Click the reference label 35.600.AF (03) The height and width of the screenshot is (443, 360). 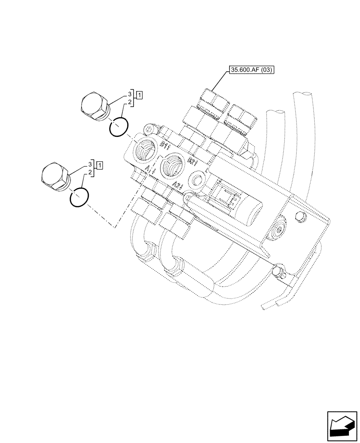[251, 70]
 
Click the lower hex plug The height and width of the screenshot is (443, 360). [55, 176]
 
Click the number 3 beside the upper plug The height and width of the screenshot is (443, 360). [130, 94]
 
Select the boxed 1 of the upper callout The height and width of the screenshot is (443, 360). [139, 94]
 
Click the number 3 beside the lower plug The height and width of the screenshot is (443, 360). [90, 164]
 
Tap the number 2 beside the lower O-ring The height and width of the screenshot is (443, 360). [90, 172]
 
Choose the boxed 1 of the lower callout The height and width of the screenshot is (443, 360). [100, 165]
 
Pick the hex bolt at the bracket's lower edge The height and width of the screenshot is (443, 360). [278, 271]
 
